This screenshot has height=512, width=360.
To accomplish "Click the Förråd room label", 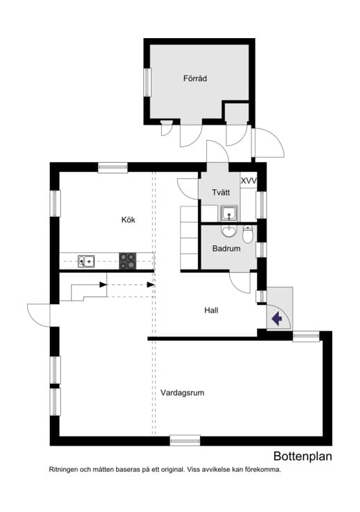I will [195, 79].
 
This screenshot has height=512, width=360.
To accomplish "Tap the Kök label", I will [128, 220].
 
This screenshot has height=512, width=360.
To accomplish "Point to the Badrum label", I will [226, 247].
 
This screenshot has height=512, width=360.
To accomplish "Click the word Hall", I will [211, 310].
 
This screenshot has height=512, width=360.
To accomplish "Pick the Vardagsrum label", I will [182, 392].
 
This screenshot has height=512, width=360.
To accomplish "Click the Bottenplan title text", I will [303, 456].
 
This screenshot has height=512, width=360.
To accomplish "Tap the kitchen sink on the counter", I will [87, 261].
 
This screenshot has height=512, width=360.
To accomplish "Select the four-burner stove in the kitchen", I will [128, 261].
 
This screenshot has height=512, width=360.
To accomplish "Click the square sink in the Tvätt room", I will [230, 213].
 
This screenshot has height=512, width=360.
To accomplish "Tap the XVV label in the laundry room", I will [249, 181].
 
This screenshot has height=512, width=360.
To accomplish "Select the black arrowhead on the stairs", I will [102, 284].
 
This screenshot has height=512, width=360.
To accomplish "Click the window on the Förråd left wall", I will [147, 82].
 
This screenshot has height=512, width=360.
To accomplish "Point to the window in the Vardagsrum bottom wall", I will [185, 440].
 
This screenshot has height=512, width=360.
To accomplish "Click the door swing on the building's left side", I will [39, 313].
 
